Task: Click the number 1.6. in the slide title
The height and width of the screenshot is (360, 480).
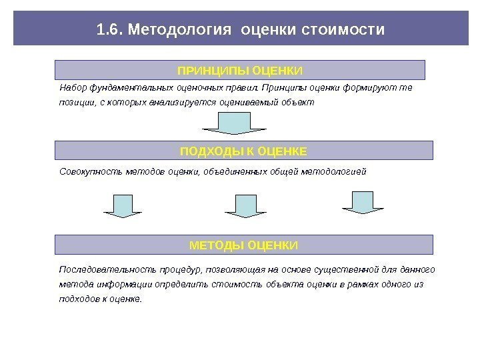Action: click(x=109, y=30)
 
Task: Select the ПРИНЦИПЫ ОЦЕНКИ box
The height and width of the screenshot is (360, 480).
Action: click(x=239, y=70)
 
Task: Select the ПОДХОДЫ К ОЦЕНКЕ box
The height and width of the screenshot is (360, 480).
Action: click(x=243, y=151)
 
